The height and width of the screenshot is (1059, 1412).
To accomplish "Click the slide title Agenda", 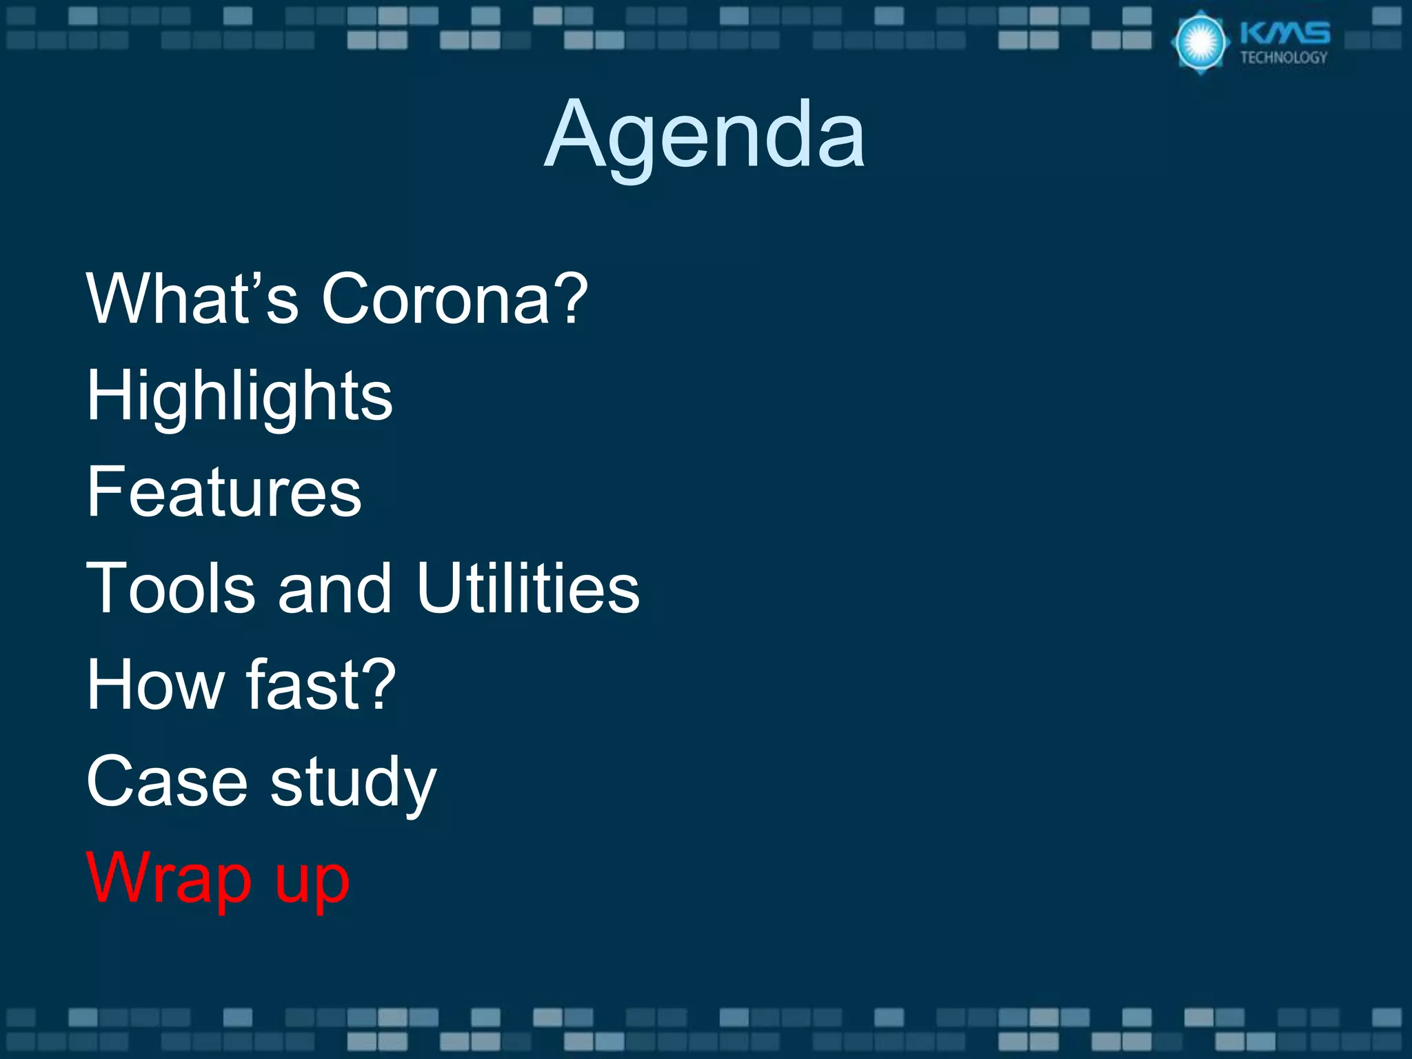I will pyautogui.click(x=705, y=134).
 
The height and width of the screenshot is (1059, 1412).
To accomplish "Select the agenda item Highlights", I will pyautogui.click(x=239, y=396).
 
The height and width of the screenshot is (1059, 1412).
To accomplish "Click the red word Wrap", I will pyautogui.click(x=169, y=879).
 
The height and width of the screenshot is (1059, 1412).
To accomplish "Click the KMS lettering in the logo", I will pyautogui.click(x=1284, y=34).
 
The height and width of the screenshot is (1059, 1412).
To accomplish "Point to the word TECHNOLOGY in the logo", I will pyautogui.click(x=1284, y=58).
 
